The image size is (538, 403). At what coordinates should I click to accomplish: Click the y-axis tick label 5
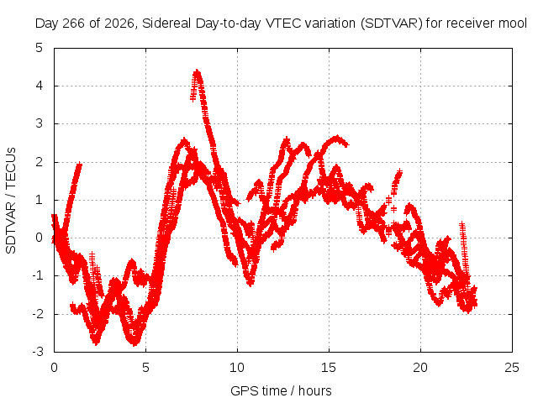tap(40, 48)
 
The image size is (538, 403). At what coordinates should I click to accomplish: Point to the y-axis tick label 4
tap(40, 86)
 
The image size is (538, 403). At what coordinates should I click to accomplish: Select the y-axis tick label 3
tap(40, 123)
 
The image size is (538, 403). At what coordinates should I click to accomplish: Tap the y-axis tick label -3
tap(38, 352)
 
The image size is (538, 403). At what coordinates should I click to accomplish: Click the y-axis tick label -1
tap(38, 275)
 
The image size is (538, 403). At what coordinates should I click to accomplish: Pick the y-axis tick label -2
tap(38, 313)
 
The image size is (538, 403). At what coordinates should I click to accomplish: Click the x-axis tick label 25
tap(512, 368)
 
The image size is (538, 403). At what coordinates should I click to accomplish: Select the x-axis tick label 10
tap(237, 368)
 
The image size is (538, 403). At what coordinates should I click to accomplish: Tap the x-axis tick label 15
tap(329, 368)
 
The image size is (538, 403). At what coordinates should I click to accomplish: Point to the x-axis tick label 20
tap(420, 368)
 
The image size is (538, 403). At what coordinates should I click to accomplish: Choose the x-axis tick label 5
tap(145, 368)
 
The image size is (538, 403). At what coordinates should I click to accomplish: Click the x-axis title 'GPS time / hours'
tap(281, 391)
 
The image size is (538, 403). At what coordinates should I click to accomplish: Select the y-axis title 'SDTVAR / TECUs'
tap(11, 201)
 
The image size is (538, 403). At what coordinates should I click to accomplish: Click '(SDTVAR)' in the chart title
tap(392, 24)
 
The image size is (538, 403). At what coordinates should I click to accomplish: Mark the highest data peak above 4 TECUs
tap(197, 71)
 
